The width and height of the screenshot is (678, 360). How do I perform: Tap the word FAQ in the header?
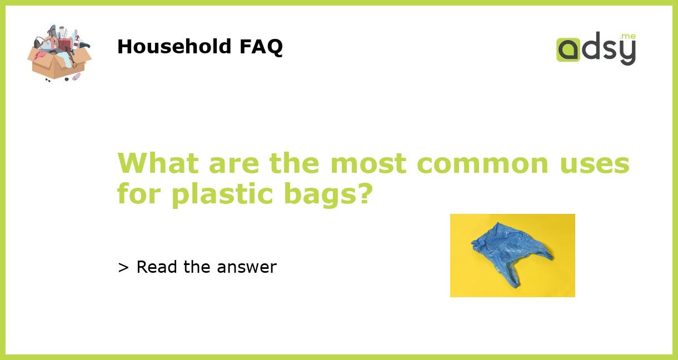click(x=261, y=47)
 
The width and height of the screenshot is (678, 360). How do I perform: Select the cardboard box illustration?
click(x=59, y=54)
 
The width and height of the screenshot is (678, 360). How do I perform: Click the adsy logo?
click(x=596, y=49)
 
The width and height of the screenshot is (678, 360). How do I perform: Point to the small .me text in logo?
click(x=628, y=36)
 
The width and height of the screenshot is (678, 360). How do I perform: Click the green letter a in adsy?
click(x=569, y=49)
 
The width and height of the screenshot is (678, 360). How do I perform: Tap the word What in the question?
click(x=158, y=163)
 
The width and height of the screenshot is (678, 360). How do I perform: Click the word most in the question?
click(x=368, y=163)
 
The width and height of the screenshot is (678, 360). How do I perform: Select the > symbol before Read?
click(x=123, y=268)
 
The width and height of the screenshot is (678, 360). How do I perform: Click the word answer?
click(x=247, y=268)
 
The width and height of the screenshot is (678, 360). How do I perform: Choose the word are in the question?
click(x=233, y=164)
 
